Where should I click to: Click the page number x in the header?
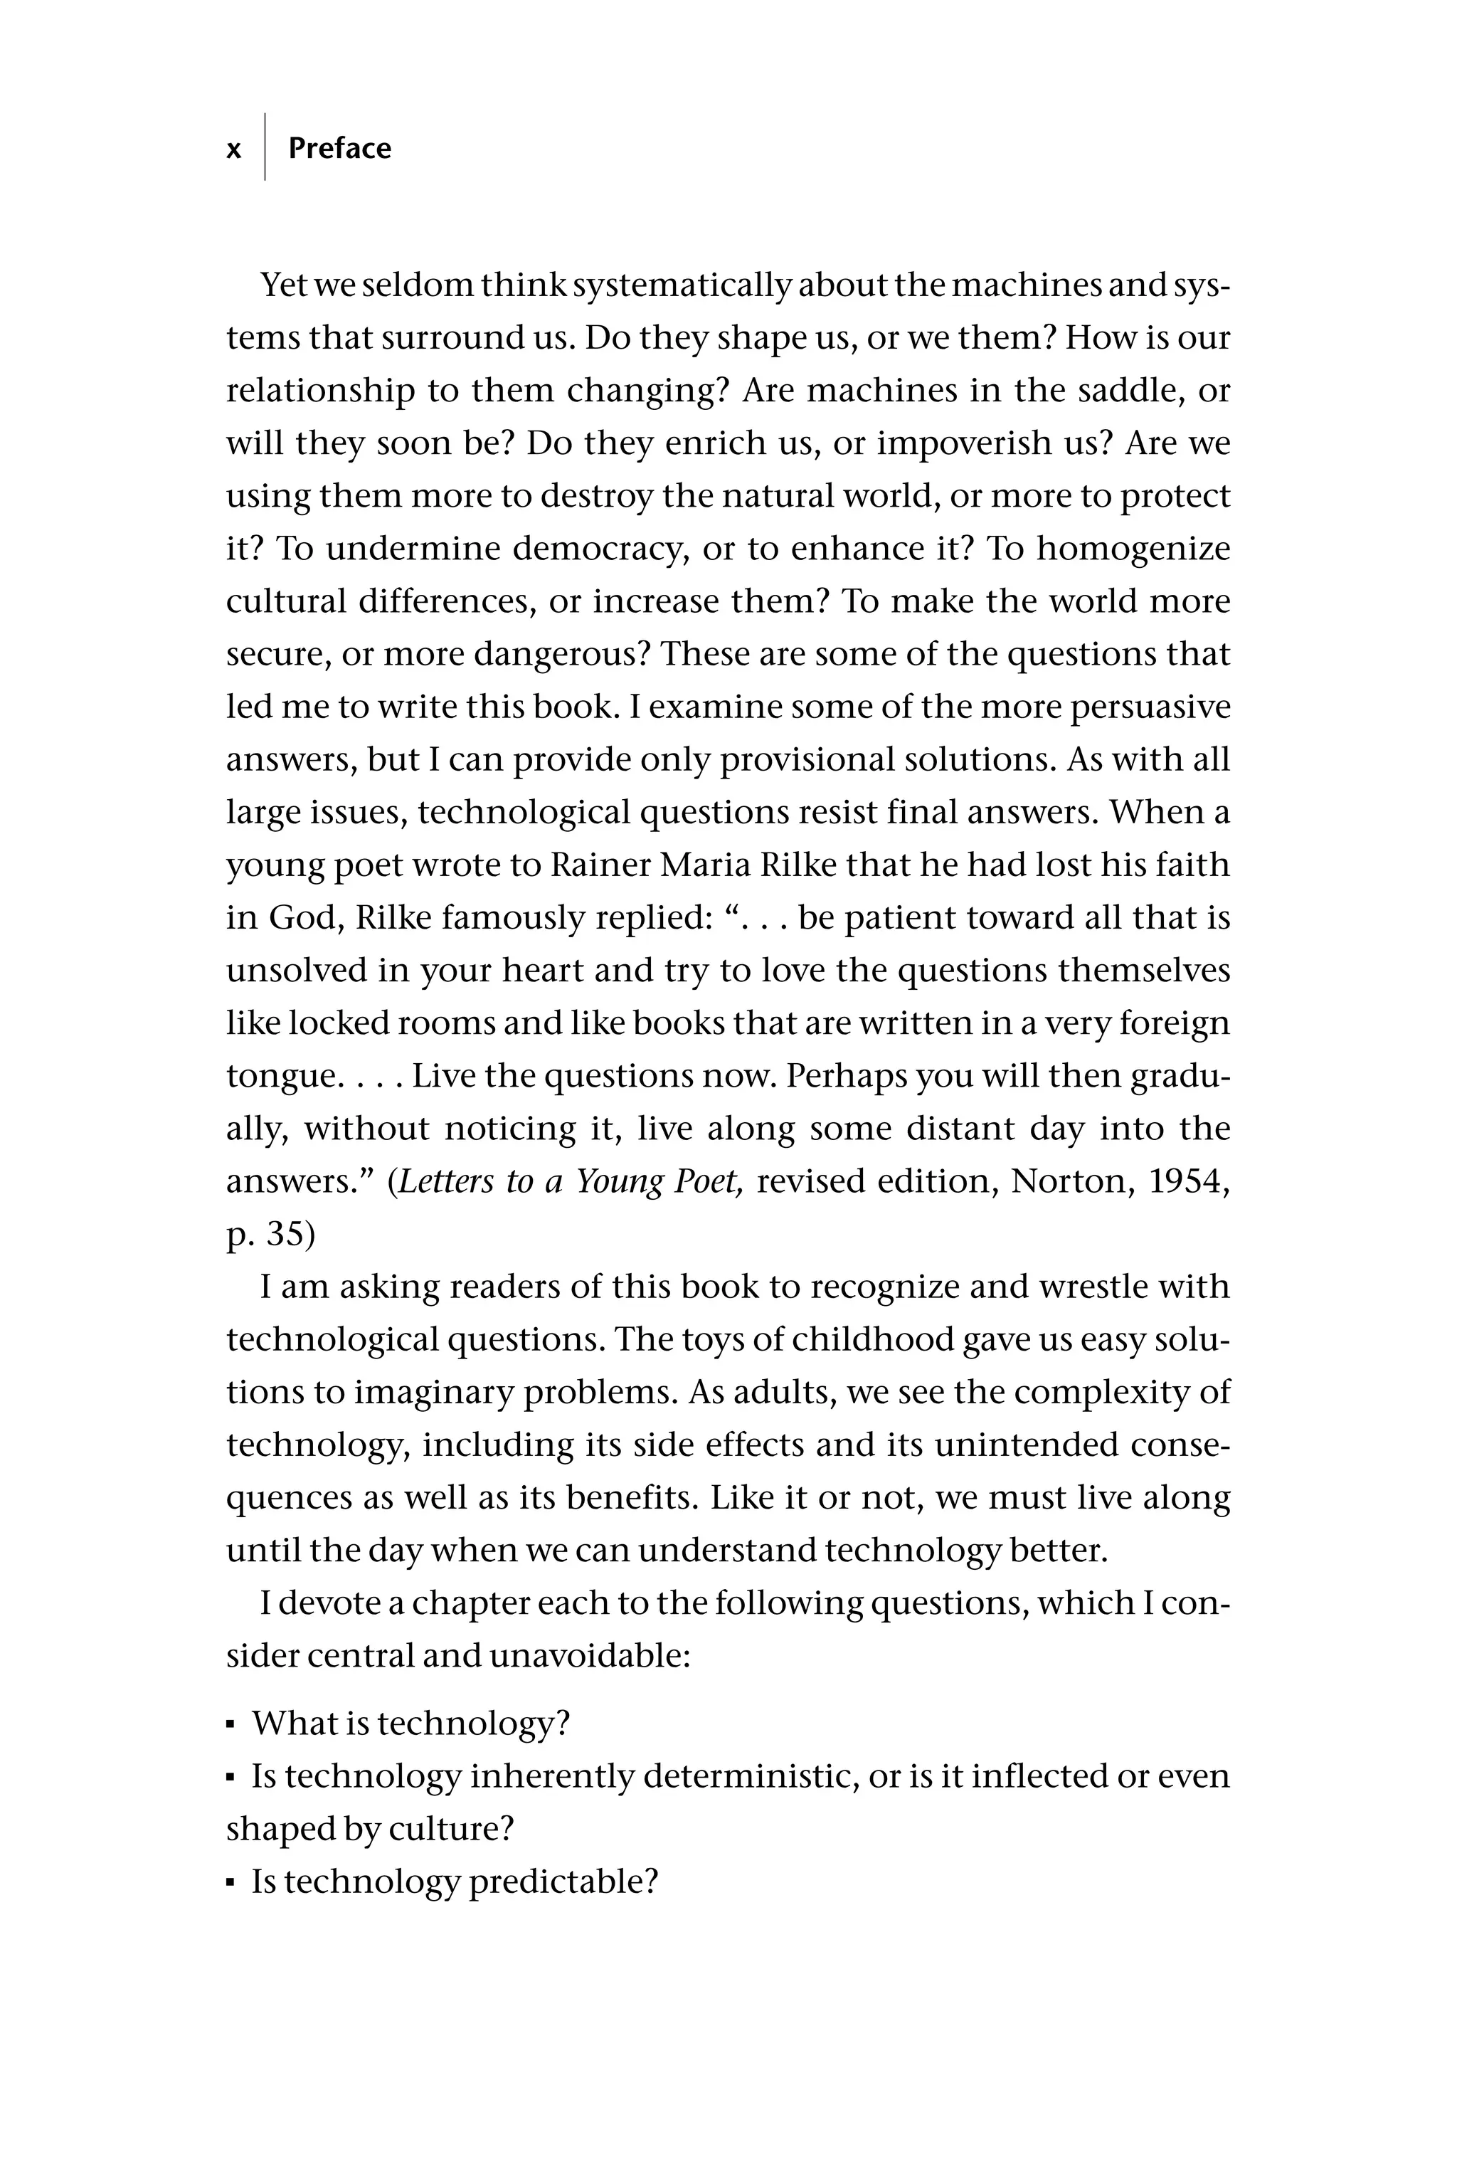pyautogui.click(x=234, y=149)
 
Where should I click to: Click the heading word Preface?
pyautogui.click(x=339, y=149)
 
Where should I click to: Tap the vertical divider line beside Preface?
pyautogui.click(x=265, y=147)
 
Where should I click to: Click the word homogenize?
pyautogui.click(x=1133, y=548)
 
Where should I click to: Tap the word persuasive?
pyautogui.click(x=1150, y=707)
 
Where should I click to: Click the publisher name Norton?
pyautogui.click(x=1065, y=1181)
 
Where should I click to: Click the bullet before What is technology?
pyautogui.click(x=231, y=1726)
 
